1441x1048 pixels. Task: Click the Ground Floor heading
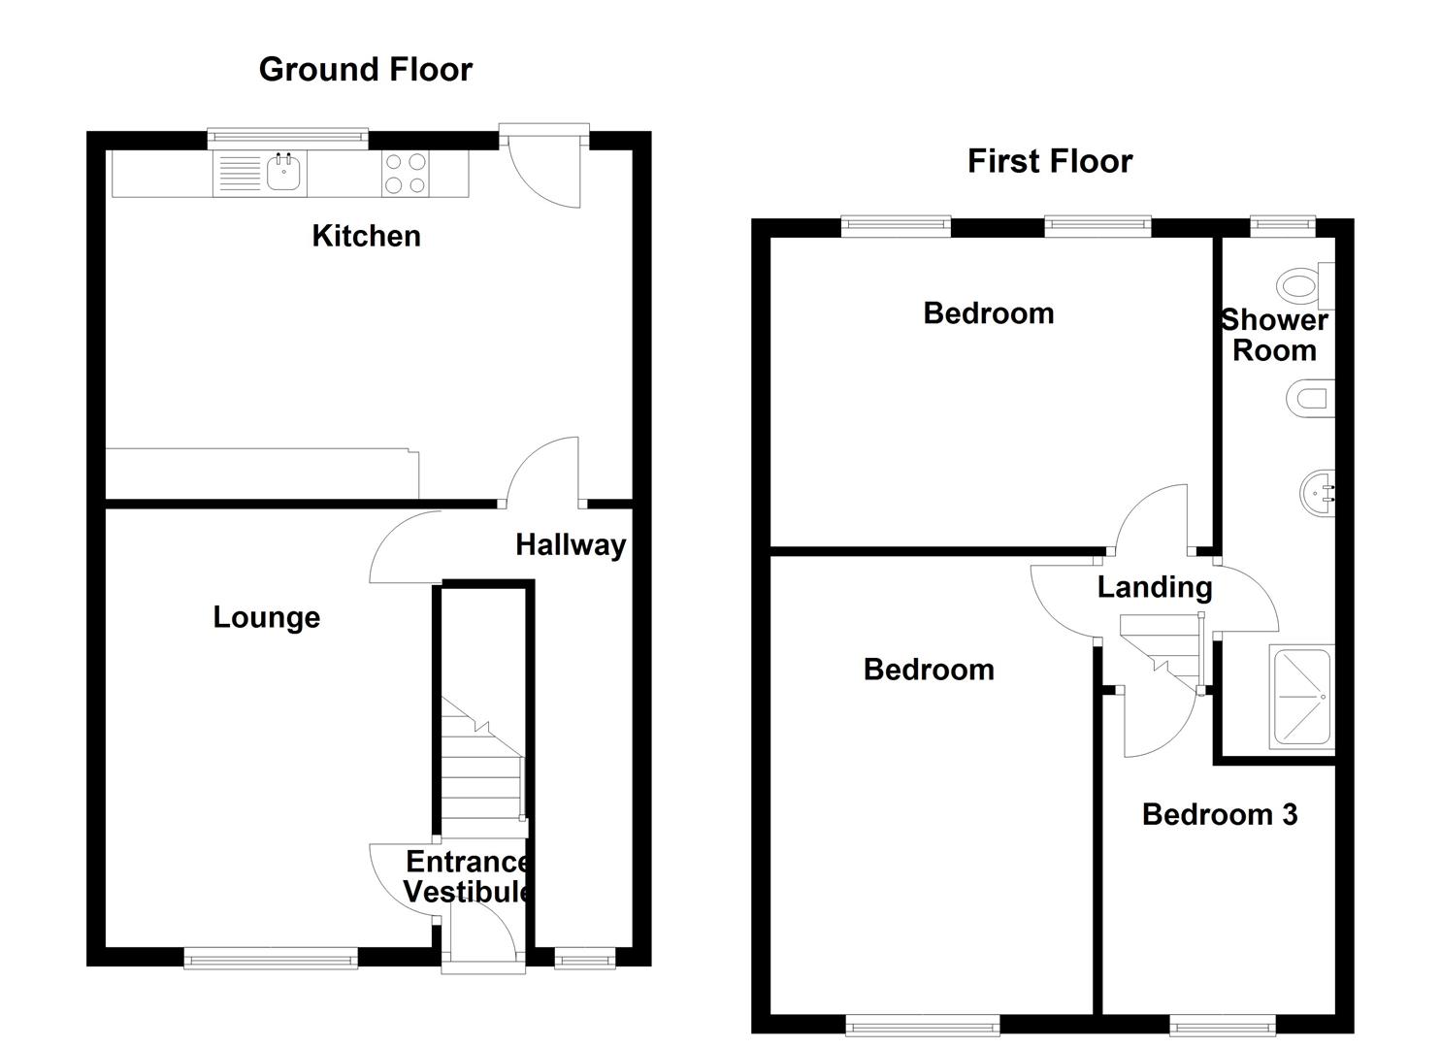365,70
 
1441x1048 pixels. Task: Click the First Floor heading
1049,161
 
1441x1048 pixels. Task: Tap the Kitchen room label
366,236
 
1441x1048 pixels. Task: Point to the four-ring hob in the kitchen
406,175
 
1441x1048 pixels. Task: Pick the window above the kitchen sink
288,138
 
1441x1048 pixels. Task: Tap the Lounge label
266,617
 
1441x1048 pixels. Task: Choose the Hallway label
570,545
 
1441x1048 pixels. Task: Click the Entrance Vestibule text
467,876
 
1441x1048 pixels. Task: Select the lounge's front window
271,959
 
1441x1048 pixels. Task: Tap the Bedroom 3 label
1219,814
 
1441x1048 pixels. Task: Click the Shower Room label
1274,335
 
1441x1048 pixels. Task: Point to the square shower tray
1302,697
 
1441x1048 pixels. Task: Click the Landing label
1154,587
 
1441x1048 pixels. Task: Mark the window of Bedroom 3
1222,1025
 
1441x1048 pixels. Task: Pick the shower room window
1282,225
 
